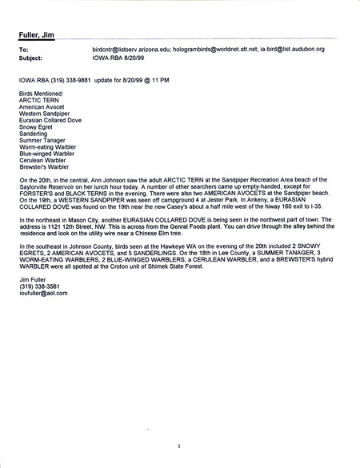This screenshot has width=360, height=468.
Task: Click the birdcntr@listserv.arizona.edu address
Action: pyautogui.click(x=130, y=50)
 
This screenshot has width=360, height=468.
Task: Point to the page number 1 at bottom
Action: pyautogui.click(x=181, y=446)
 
